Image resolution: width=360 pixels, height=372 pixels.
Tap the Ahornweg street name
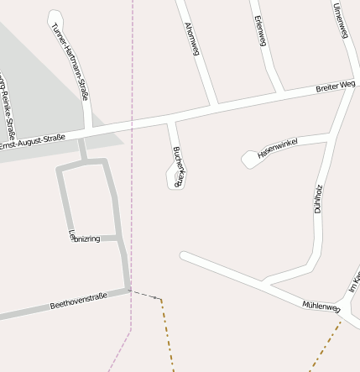(191, 39)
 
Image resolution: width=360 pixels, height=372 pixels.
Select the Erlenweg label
(260, 31)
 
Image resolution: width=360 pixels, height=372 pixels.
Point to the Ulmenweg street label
(341, 21)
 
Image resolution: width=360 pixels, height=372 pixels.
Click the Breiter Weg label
(336, 86)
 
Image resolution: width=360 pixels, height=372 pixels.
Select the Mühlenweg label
(321, 307)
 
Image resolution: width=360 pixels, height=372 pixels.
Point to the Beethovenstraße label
(79, 299)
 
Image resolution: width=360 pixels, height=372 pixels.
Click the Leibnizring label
(84, 238)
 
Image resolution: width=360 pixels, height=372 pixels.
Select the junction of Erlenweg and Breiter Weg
(279, 92)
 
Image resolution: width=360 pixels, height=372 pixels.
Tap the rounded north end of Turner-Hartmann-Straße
(55, 17)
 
